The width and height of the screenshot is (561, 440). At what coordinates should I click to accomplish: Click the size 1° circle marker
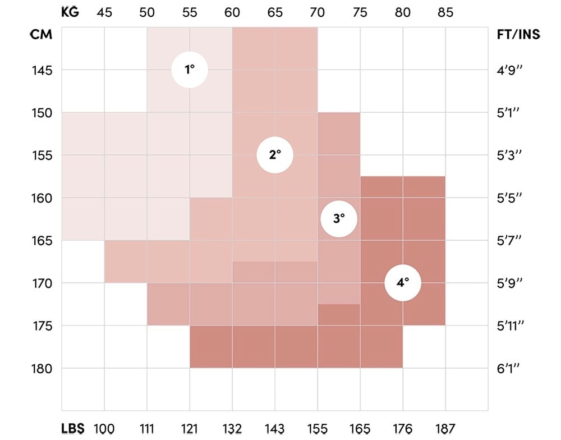190,70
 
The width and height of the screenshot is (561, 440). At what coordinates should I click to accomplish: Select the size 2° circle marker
275,155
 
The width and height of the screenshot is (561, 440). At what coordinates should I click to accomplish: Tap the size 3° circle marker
339,219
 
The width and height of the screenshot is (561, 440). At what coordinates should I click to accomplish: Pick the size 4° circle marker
403,283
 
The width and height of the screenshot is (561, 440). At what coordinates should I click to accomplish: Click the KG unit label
70,12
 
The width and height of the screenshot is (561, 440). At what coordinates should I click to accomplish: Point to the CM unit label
41,35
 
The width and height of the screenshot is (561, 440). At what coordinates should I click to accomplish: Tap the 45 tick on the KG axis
104,12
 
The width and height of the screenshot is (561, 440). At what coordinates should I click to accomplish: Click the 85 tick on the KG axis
445,12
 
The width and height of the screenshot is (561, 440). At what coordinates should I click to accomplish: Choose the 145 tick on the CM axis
42,71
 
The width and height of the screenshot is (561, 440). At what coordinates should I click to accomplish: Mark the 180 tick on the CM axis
42,369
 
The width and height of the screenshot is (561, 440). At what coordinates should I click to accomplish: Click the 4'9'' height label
509,71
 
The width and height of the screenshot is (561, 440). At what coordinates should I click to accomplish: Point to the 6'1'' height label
509,369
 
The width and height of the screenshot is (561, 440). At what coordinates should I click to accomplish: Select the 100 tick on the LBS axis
104,429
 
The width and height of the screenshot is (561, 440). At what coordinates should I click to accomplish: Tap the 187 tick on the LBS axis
445,429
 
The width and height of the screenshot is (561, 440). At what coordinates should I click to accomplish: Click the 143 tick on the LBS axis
275,429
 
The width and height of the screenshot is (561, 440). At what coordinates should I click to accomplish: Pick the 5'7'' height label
509,241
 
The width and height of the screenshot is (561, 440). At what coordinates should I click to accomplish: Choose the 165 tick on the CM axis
42,241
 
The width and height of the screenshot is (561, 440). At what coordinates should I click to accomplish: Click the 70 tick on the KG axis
318,12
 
